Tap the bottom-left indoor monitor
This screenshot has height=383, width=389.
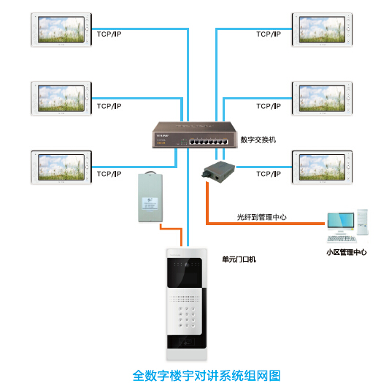coord(61,167)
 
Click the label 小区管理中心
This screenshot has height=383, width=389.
coord(346,252)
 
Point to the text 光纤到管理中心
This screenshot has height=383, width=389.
coord(261,217)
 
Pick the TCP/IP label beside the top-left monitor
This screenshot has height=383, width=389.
coord(109,34)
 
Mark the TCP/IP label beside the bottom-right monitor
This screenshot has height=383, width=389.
coord(268,174)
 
